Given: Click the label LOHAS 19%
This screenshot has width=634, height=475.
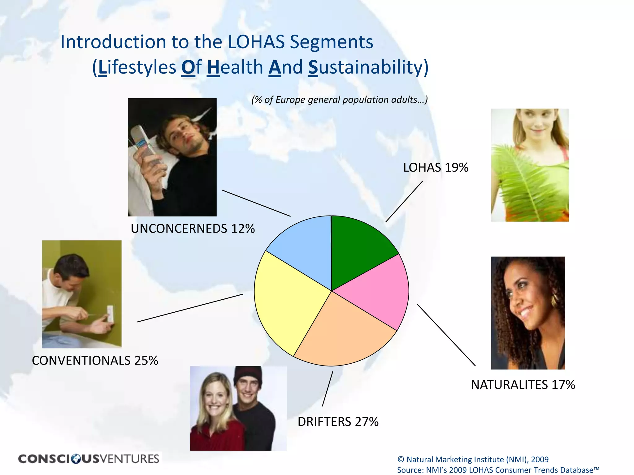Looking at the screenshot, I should point(436,168).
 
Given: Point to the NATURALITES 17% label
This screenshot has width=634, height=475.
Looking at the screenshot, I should point(523,385).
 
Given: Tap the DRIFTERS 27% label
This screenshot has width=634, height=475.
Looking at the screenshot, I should point(338,422).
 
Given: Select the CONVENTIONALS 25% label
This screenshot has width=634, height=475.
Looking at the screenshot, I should point(95,361).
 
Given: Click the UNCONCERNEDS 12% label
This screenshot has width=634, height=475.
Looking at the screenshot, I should point(193,229).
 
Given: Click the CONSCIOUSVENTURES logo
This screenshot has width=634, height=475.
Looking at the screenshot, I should point(89,459).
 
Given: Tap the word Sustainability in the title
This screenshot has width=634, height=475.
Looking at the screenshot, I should point(368,67).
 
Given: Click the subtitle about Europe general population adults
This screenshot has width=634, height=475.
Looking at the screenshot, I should point(340,100).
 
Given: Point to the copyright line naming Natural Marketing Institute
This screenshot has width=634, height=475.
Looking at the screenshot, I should point(473,460).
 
